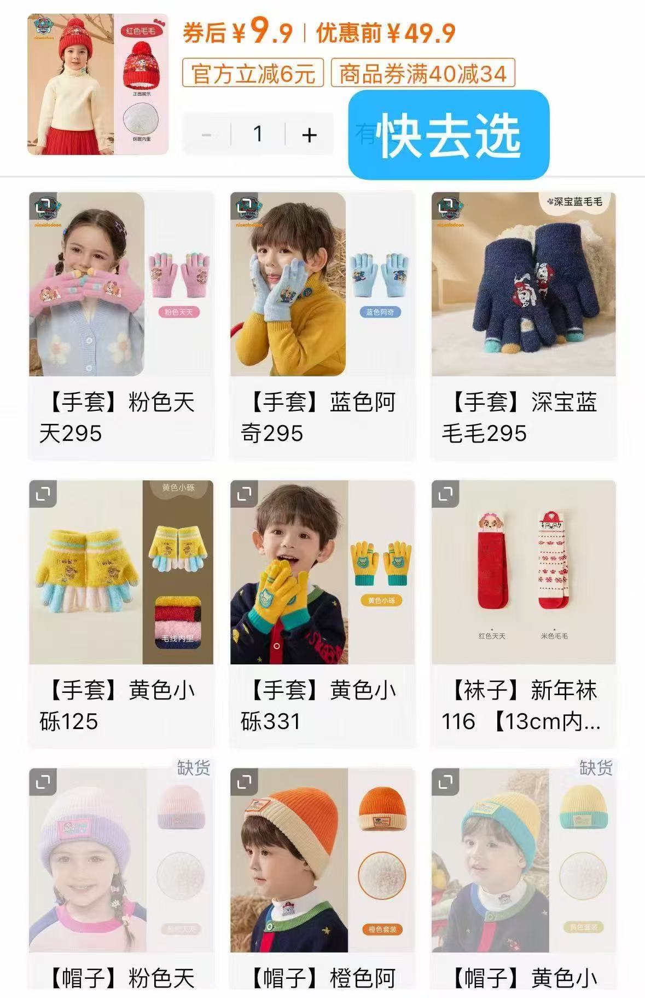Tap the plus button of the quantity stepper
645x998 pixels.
click(x=309, y=134)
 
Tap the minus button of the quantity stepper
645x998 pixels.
click(x=207, y=134)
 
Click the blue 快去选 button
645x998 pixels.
click(x=448, y=135)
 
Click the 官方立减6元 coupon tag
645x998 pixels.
click(x=253, y=73)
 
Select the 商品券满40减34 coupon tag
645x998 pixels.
click(x=422, y=73)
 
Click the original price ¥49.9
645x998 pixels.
click(x=421, y=33)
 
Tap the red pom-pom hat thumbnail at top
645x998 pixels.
click(x=98, y=84)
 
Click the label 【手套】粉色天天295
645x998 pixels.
click(x=117, y=417)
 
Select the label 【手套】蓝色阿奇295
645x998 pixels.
click(x=318, y=417)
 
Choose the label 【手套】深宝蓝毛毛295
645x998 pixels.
click(x=520, y=417)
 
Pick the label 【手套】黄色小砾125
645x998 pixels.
click(x=117, y=706)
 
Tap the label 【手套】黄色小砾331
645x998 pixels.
click(x=318, y=706)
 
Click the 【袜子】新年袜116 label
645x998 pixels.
click(x=520, y=706)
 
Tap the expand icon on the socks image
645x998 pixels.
click(x=445, y=494)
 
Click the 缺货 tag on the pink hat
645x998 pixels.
click(x=193, y=767)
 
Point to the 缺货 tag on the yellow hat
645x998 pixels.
click(x=596, y=767)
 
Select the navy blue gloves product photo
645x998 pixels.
click(x=524, y=284)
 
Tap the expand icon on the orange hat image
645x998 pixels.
click(x=244, y=782)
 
